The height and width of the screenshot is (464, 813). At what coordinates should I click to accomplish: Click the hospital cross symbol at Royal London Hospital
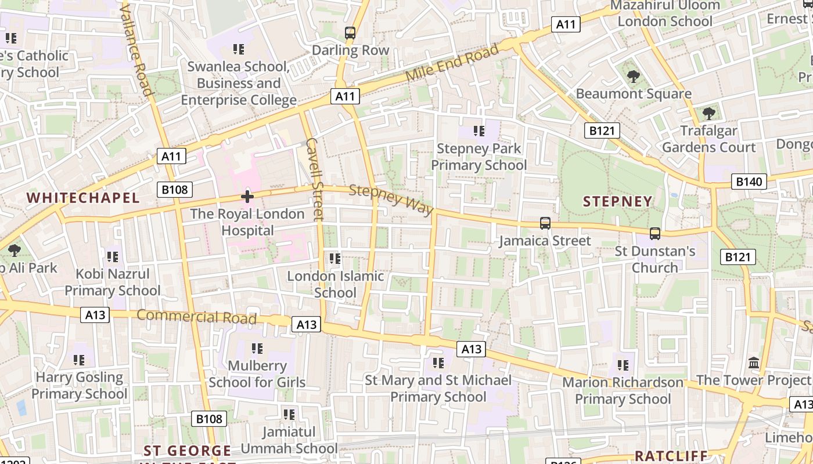(247, 197)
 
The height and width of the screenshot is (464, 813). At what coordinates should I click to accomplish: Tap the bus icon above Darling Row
(350, 33)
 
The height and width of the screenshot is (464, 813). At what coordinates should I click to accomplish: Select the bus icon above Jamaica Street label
(545, 223)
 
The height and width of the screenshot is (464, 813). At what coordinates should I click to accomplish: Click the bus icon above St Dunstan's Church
(654, 234)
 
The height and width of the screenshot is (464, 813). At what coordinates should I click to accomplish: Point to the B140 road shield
(749, 182)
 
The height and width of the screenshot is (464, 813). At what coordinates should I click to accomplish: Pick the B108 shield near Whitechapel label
(174, 189)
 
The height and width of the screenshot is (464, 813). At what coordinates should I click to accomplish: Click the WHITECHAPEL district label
(83, 198)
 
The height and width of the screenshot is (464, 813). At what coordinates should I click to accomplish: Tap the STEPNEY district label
(617, 201)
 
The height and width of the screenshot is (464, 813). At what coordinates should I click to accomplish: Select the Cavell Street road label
(314, 179)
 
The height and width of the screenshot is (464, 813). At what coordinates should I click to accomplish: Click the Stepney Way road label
(391, 200)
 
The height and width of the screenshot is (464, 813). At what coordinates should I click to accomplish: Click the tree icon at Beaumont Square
(633, 76)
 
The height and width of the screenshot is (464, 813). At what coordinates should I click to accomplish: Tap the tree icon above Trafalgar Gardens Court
(708, 113)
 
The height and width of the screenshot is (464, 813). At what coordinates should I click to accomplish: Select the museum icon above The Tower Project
(754, 363)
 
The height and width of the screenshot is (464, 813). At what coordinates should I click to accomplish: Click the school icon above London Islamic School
(335, 258)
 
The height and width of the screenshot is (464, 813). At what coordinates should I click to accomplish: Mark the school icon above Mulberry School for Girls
(257, 348)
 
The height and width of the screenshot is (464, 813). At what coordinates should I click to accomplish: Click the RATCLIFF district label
(671, 455)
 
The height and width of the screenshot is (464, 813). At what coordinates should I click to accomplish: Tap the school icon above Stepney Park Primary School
(479, 130)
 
